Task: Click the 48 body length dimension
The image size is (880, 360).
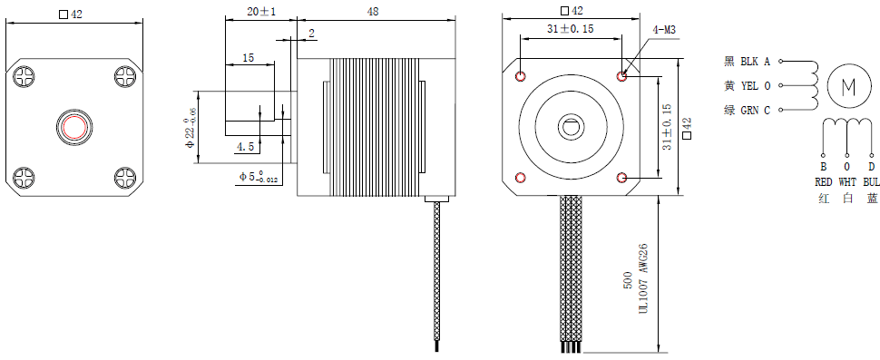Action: [x=372, y=11]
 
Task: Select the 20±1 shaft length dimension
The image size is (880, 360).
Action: [x=261, y=11]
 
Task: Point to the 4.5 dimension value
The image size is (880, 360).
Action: [x=245, y=147]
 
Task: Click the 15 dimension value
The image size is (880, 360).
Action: [x=248, y=57]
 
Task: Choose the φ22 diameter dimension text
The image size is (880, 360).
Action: [x=190, y=129]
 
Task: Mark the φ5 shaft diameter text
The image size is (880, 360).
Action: [x=259, y=177]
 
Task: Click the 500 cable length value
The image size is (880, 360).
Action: [x=628, y=280]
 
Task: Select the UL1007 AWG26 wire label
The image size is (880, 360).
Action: [x=644, y=279]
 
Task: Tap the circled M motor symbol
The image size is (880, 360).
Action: [x=848, y=86]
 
